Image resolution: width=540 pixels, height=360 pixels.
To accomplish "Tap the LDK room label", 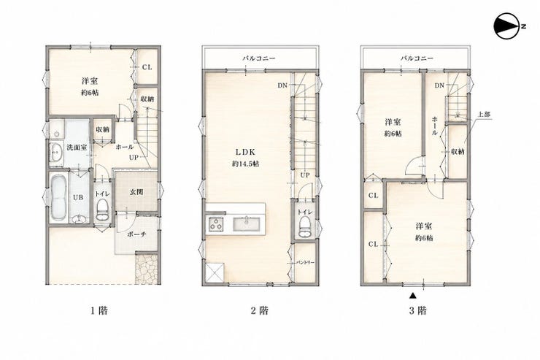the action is coord(245,152).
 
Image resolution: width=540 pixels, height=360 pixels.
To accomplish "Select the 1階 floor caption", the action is coord(99,311).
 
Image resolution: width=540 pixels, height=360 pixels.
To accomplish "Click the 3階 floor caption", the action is coord(417,311).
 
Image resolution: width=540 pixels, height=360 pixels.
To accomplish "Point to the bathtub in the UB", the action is coord(58,197).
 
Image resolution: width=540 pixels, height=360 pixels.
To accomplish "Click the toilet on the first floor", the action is coord(102,210).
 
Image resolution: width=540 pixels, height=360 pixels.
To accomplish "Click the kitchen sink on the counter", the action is coord(247,224).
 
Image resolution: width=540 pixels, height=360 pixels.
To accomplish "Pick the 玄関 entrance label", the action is coord(136,192).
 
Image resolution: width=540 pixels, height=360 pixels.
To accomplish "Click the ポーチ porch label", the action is coord(136,234).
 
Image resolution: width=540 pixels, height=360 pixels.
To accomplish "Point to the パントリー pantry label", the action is coord(306,262).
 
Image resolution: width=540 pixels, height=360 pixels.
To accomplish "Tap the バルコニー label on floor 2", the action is coord(258,58).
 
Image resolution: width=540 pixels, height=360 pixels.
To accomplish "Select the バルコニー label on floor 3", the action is coord(417,58).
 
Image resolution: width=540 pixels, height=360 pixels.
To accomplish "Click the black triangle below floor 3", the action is coord(413,295).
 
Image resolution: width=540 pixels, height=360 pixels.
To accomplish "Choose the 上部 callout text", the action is coord(485,115).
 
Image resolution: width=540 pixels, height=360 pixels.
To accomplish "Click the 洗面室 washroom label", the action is coord(77,147).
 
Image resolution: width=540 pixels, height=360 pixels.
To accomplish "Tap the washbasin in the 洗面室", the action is coord(55,152).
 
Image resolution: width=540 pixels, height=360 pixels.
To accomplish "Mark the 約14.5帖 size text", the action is coord(245,164).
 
